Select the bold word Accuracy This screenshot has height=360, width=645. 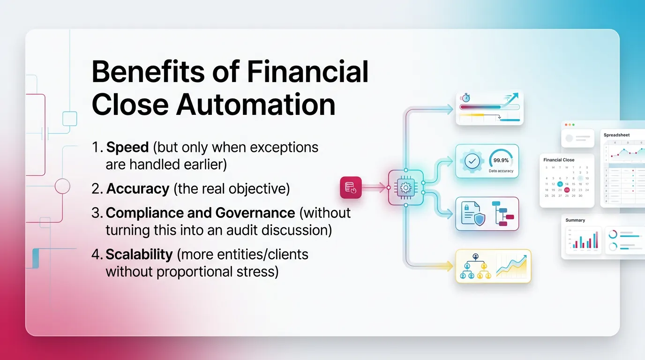click(x=137, y=188)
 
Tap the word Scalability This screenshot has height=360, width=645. click(x=139, y=254)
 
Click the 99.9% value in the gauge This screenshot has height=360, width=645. click(x=501, y=160)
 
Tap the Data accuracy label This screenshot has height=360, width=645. click(x=501, y=171)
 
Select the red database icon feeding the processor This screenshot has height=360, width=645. click(x=350, y=187)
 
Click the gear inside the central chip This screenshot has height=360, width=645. click(x=406, y=187)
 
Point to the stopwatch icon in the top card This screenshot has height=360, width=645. click(x=465, y=98)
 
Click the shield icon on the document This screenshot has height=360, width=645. click(x=479, y=220)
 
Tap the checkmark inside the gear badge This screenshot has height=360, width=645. click(x=472, y=161)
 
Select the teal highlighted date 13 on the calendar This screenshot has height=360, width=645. click(x=560, y=184)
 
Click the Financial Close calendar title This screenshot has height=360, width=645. click(x=559, y=160)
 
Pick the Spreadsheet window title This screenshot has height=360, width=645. click(x=616, y=135)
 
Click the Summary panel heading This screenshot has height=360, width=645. click(x=575, y=220)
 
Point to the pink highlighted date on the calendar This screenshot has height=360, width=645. click(x=567, y=190)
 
